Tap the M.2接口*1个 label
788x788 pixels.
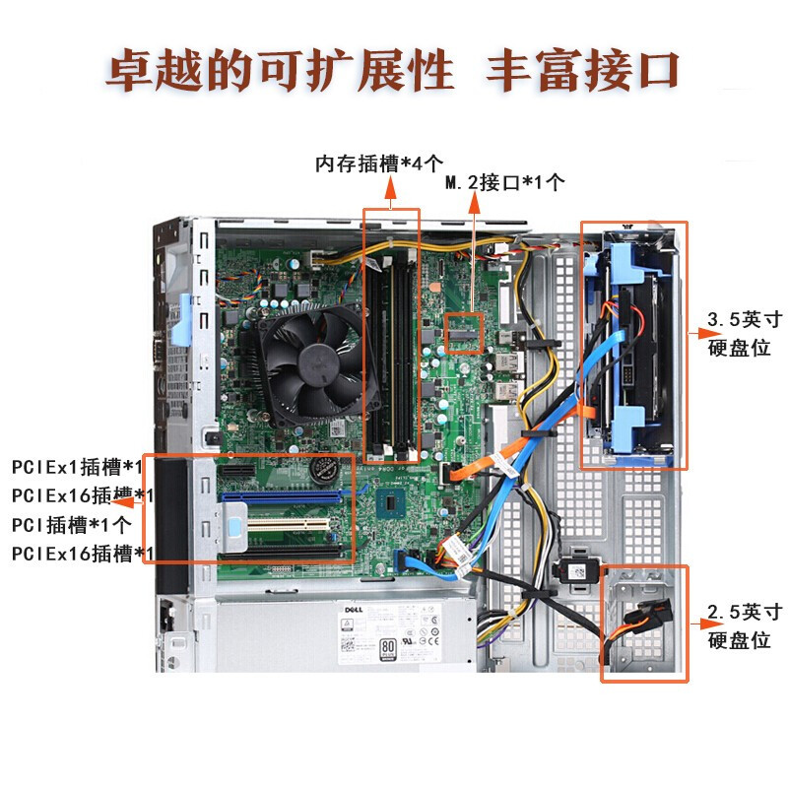click(505, 182)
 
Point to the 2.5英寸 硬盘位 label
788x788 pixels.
click(746, 625)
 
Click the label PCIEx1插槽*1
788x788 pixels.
click(78, 466)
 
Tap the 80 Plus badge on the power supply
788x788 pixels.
click(389, 648)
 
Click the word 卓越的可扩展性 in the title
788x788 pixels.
click(280, 73)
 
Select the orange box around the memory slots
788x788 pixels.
click(392, 335)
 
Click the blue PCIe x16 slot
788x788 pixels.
click(286, 495)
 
